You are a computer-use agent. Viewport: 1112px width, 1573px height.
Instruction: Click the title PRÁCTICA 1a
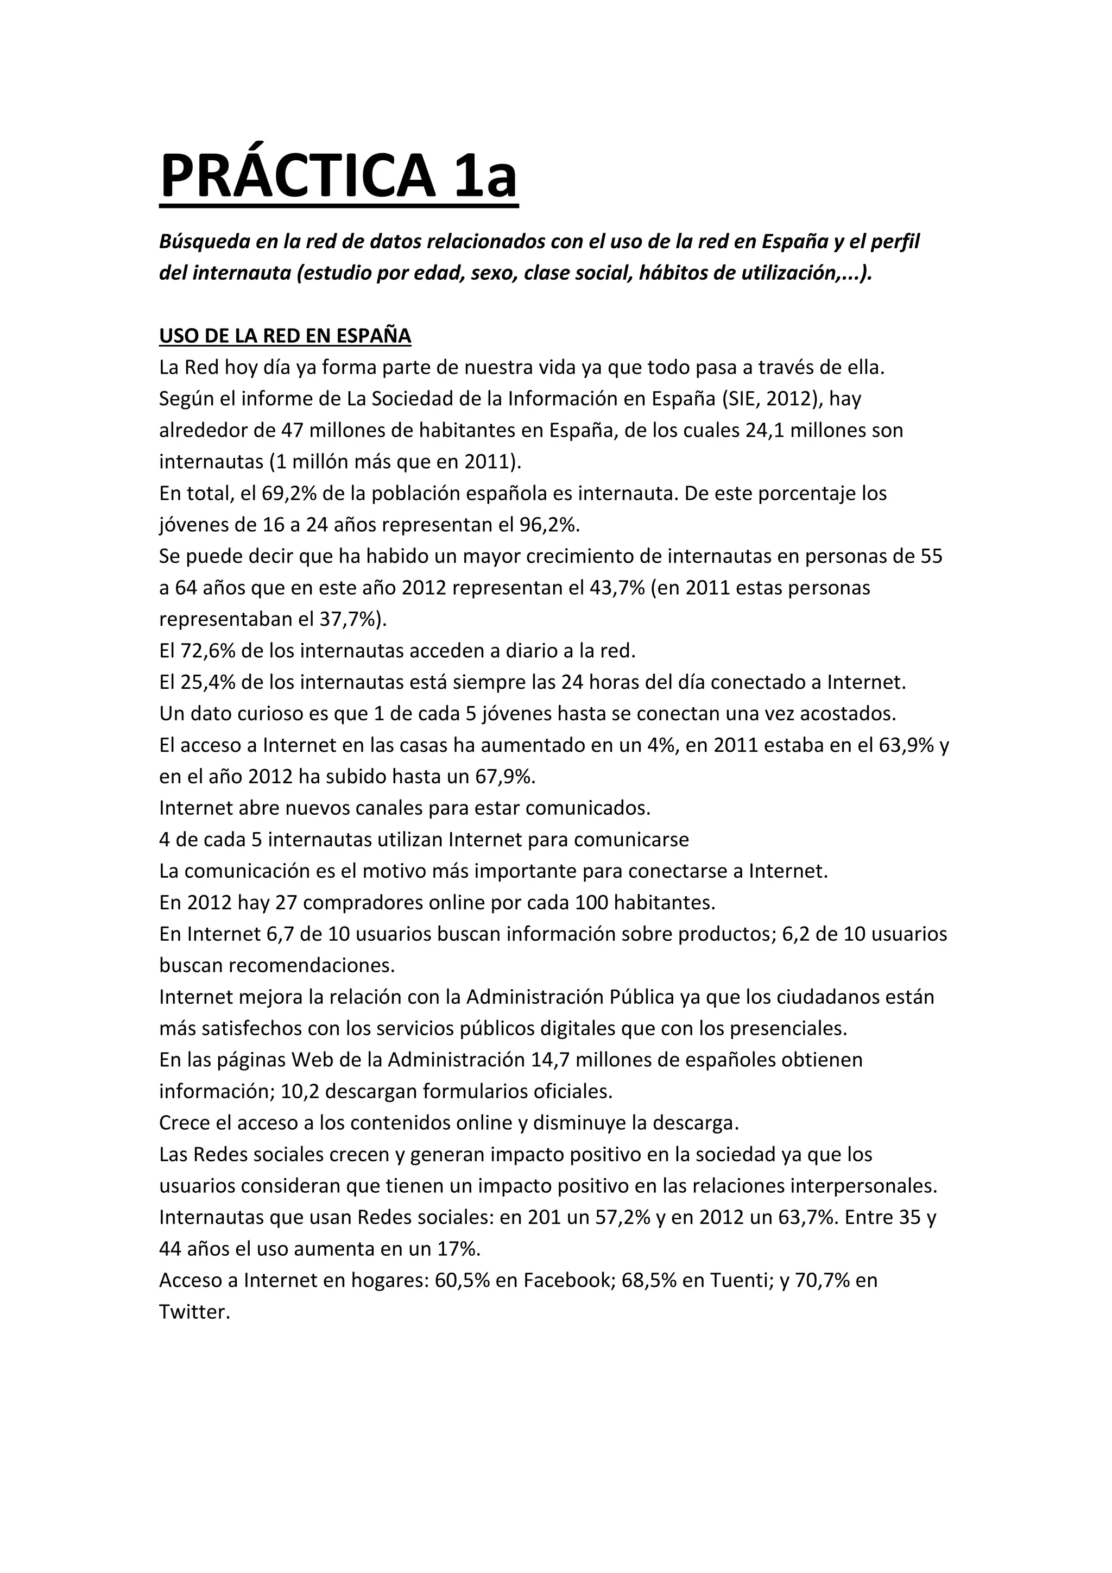(338, 177)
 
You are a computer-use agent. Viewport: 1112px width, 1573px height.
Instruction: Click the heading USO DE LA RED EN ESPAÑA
(285, 336)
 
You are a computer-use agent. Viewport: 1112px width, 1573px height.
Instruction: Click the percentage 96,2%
(548, 525)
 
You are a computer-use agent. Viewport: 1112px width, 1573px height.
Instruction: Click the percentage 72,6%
(210, 651)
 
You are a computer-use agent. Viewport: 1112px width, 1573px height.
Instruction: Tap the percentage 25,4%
(210, 682)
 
